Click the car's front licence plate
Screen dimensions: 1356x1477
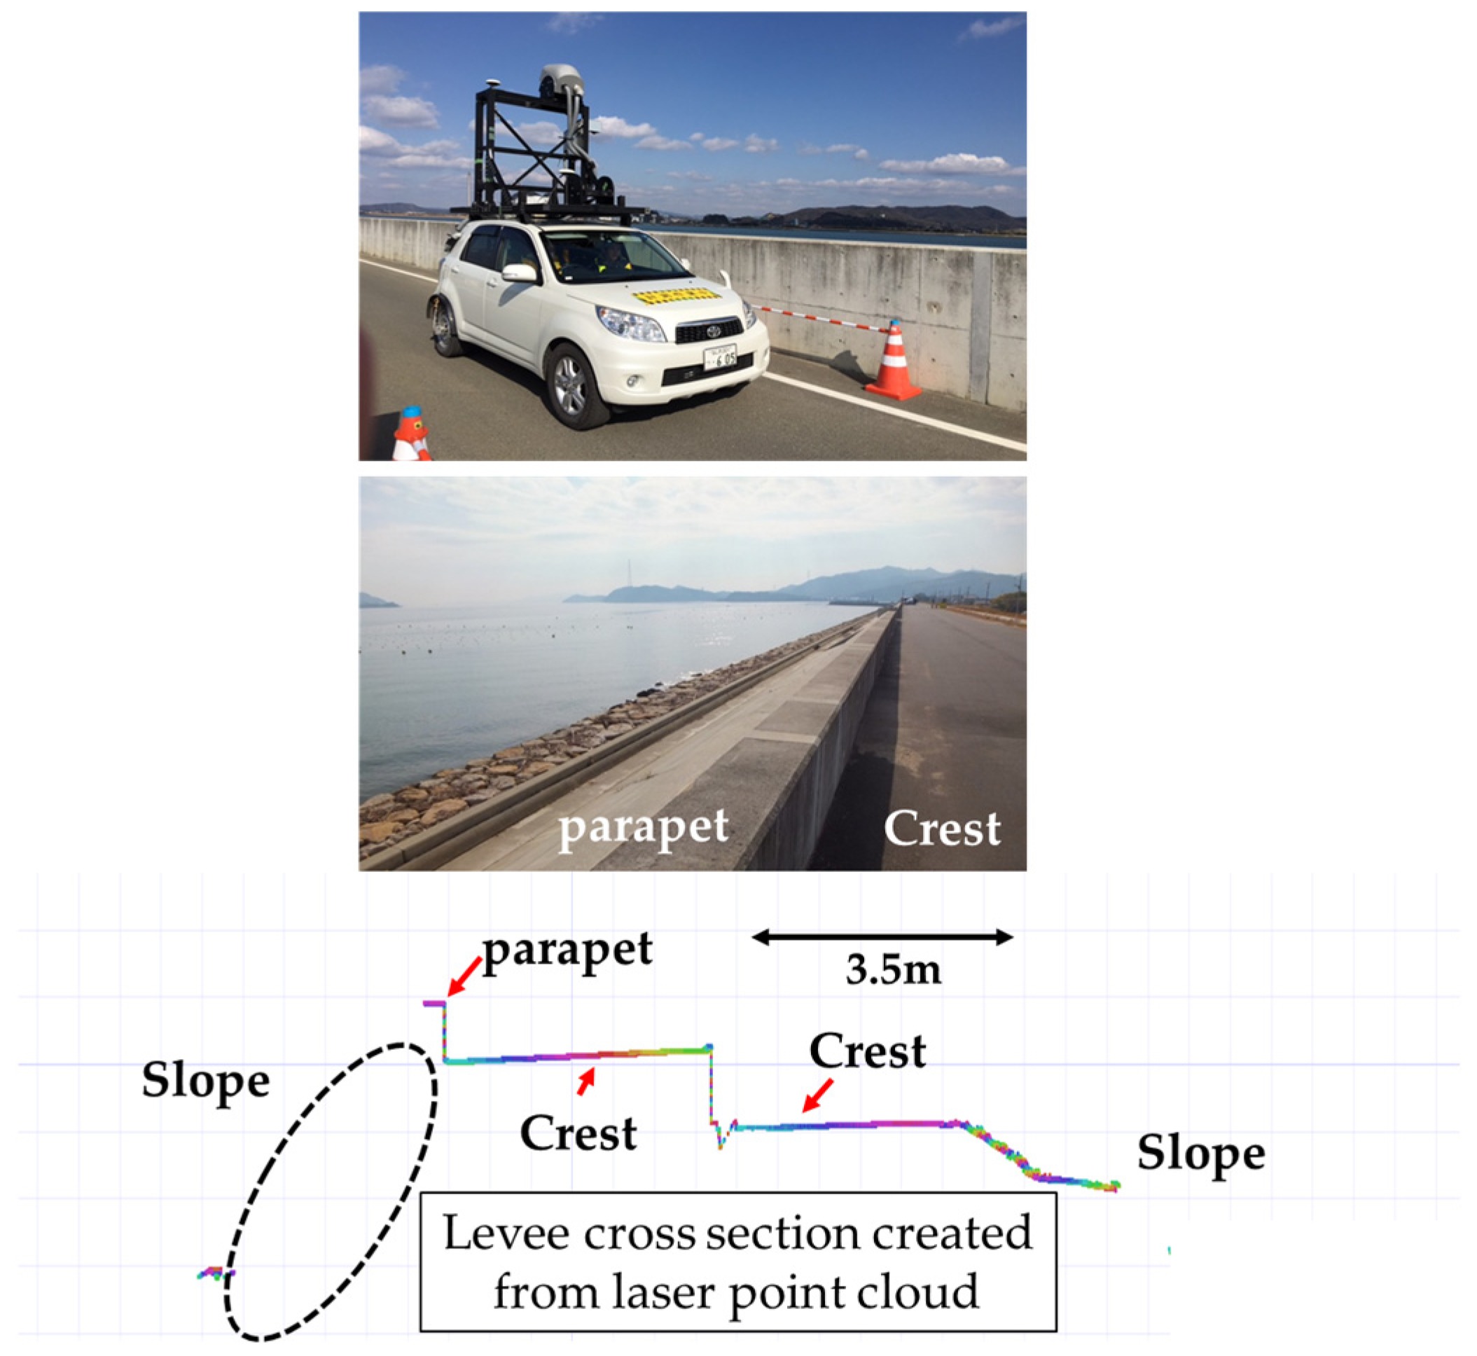[719, 358]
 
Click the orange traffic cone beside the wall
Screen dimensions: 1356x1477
[893, 363]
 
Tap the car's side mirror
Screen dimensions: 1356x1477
[519, 273]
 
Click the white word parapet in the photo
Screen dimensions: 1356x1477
[644, 829]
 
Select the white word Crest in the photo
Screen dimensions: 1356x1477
[941, 829]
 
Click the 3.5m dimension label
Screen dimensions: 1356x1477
[893, 970]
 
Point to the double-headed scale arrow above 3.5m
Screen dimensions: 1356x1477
[882, 937]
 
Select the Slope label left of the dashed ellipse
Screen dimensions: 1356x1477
[205, 1081]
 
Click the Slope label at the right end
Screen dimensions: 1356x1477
[1201, 1154]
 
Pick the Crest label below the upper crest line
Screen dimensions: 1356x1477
[578, 1133]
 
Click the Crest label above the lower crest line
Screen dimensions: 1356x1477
[867, 1051]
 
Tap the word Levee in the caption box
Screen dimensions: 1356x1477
[506, 1233]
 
